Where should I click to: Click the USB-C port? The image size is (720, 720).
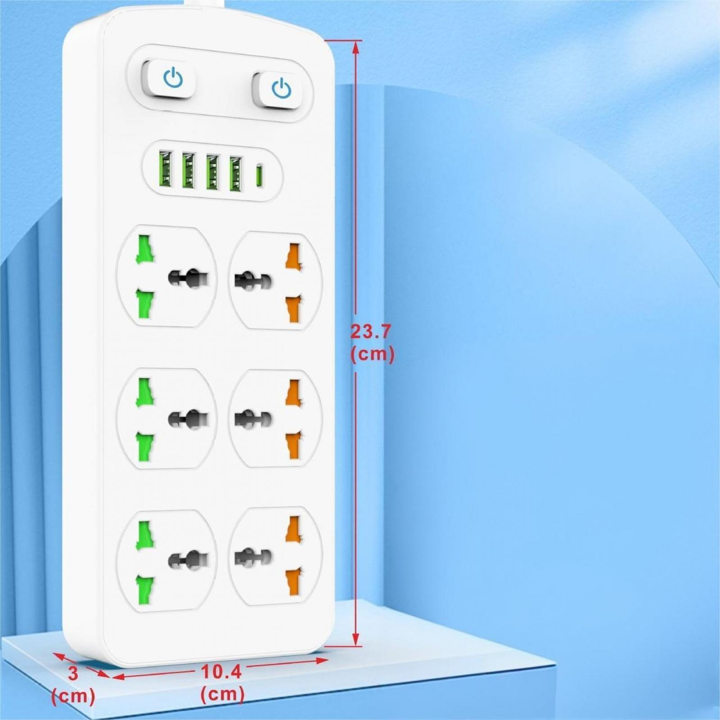click(259, 176)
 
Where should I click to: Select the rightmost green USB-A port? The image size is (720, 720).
click(236, 173)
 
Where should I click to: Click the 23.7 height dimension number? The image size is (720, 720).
click(371, 332)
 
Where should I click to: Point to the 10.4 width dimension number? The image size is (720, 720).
click(221, 672)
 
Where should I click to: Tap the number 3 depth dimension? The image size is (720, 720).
click(73, 674)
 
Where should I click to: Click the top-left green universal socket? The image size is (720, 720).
click(167, 276)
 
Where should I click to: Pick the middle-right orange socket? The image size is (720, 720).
click(276, 418)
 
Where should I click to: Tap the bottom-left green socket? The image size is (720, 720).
click(167, 561)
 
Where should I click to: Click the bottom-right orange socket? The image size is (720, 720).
click(276, 556)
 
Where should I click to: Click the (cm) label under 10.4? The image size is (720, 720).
click(222, 693)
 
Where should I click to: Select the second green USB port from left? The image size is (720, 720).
click(189, 171)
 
